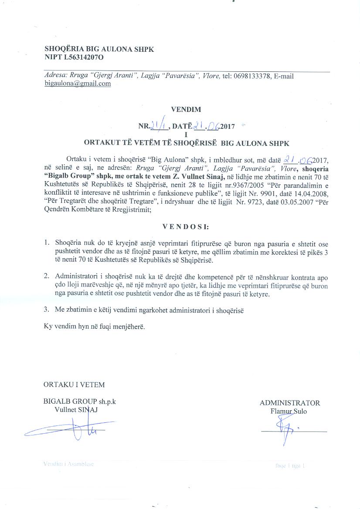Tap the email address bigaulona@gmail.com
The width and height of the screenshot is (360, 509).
coord(78,84)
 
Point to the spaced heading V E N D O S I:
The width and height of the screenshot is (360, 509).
coord(185,227)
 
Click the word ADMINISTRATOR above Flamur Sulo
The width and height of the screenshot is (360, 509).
coord(290,403)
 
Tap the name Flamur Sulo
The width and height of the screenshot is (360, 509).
coord(289,411)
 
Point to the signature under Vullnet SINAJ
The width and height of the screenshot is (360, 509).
coord(74,429)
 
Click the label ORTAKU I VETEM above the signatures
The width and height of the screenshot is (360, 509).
coord(74,385)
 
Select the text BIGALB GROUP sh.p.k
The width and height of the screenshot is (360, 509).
coord(80,402)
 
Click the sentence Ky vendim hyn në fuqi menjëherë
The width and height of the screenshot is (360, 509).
coord(95,326)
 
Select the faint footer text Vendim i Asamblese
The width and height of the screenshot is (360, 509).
coord(69,464)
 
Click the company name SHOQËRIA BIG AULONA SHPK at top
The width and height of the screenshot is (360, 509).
coord(99,49)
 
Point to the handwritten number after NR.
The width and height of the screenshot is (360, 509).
coord(155,127)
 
